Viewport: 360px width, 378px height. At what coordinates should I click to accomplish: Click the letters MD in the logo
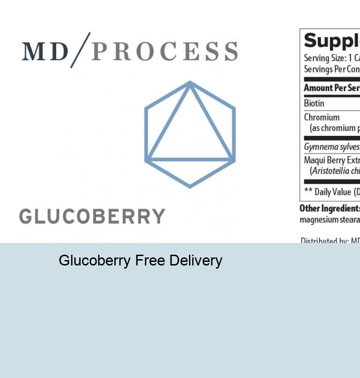click(x=45, y=52)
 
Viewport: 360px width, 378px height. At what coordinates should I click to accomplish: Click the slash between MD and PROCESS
click(x=81, y=50)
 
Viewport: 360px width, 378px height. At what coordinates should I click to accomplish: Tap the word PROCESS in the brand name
click(x=165, y=52)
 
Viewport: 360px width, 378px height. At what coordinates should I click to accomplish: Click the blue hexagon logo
click(x=190, y=134)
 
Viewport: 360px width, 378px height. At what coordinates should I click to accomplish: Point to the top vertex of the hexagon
click(x=190, y=83)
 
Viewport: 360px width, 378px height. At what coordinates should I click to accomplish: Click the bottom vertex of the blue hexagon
click(x=190, y=186)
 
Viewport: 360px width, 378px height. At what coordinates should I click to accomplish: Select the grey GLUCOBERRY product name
click(x=92, y=216)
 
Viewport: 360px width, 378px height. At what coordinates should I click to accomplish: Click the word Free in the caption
click(x=150, y=261)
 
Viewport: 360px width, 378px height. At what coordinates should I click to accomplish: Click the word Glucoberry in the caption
click(x=94, y=261)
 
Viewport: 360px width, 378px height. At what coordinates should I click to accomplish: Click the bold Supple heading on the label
click(x=332, y=41)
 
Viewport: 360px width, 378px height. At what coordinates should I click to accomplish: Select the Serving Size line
click(x=332, y=58)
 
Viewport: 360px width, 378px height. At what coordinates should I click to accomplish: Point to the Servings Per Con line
click(x=332, y=69)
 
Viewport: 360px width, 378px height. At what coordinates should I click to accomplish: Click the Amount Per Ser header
click(x=332, y=88)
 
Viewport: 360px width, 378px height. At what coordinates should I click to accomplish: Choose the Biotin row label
click(x=314, y=103)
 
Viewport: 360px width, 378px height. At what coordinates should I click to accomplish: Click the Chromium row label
click(x=322, y=117)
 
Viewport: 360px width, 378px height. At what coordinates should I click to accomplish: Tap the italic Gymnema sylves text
click(x=332, y=147)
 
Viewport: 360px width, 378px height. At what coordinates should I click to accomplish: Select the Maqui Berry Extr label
click(x=332, y=160)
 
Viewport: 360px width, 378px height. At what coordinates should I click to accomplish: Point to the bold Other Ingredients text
click(x=330, y=208)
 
